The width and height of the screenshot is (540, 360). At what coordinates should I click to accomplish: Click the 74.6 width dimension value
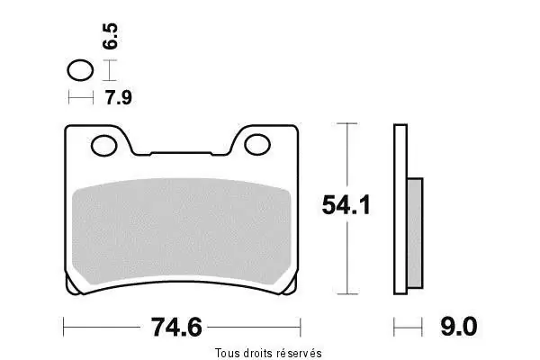pyautogui.click(x=176, y=328)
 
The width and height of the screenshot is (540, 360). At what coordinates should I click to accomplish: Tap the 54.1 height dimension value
pyautogui.click(x=346, y=205)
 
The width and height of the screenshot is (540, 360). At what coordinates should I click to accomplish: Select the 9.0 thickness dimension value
pyautogui.click(x=459, y=327)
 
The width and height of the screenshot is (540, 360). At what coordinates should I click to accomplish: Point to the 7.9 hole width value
pyautogui.click(x=119, y=97)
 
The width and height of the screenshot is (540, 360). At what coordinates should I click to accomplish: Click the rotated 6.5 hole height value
pyautogui.click(x=110, y=36)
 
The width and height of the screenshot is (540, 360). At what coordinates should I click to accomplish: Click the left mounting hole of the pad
pyautogui.click(x=104, y=146)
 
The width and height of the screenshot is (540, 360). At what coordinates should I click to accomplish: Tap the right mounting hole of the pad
pyautogui.click(x=256, y=145)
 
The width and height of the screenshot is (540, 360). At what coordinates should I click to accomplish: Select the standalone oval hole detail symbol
pyautogui.click(x=80, y=70)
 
